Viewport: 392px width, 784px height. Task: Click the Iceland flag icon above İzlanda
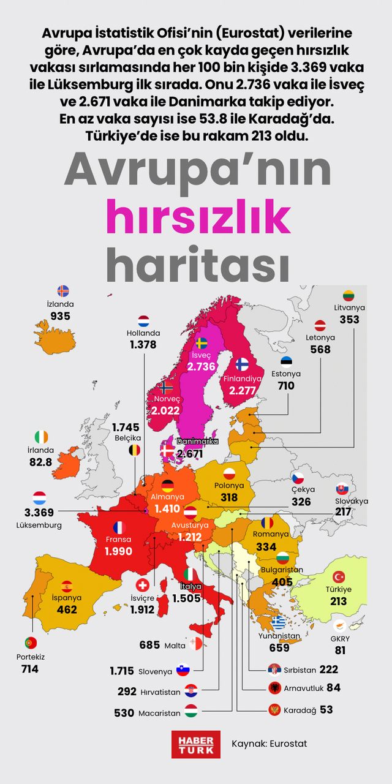coord(62,291)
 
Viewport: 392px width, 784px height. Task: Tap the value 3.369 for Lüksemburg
coord(39,512)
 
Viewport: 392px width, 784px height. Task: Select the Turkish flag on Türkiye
coord(339,577)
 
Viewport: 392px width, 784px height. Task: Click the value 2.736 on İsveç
coord(202,366)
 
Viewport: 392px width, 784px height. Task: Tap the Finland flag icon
coord(242,364)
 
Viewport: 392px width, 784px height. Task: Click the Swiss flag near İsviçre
coord(142,585)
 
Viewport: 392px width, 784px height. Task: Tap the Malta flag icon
coord(195,644)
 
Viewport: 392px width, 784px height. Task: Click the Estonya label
coord(286,374)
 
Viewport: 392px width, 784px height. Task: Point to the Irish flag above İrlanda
coord(41,437)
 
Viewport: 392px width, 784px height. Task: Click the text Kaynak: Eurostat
coord(269,744)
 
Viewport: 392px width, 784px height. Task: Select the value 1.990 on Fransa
coord(118,551)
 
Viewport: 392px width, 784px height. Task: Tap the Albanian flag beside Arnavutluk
coord(275,688)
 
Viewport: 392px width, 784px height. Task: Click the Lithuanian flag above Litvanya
coord(349,295)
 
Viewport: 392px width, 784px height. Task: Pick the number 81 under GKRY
coord(341,650)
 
